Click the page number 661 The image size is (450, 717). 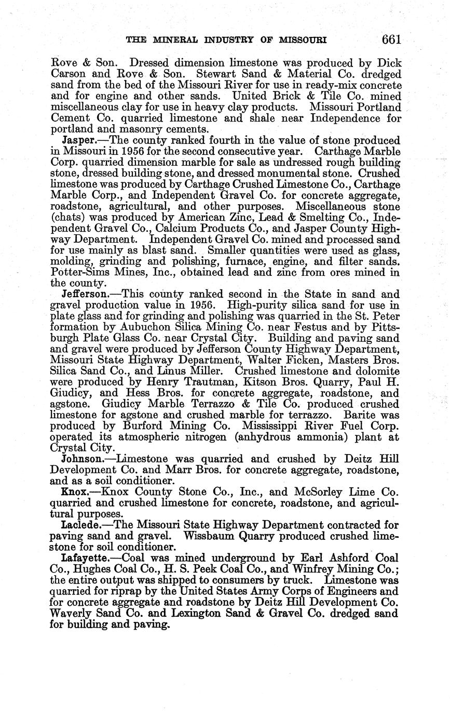pos(390,40)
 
